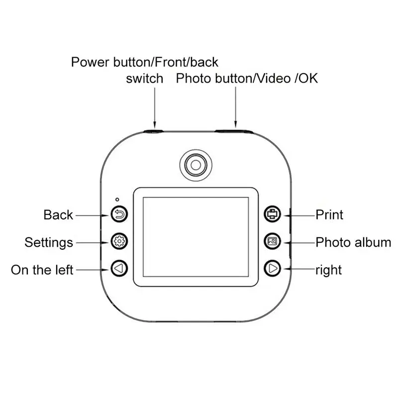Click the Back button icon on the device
click(120, 215)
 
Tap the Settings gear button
click(120, 242)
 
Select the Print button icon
click(273, 215)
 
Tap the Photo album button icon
click(273, 242)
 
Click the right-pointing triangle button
click(273, 269)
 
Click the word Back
click(58, 215)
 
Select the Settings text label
click(49, 242)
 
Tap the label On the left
click(42, 270)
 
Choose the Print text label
click(329, 215)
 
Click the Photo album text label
click(353, 242)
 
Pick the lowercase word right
click(328, 270)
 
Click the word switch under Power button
click(144, 78)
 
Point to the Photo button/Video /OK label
click(247, 78)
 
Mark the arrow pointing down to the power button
click(155, 107)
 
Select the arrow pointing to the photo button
click(235, 107)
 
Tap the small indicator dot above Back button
click(115, 199)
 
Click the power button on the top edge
click(154, 131)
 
